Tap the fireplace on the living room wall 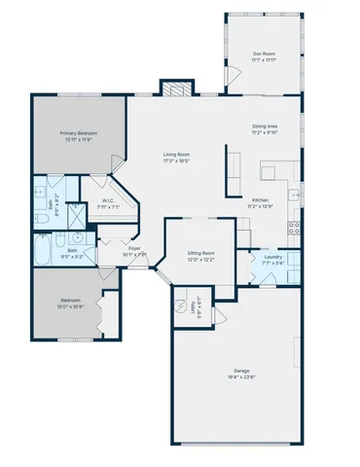pos(175,90)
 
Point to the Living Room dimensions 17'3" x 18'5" pos(176,161)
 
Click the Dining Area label pos(266,126)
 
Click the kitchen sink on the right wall pos(295,191)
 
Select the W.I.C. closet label pos(109,201)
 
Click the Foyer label pos(134,247)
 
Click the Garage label pos(241,371)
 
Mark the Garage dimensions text pos(241,377)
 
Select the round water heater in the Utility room pos(179,305)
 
